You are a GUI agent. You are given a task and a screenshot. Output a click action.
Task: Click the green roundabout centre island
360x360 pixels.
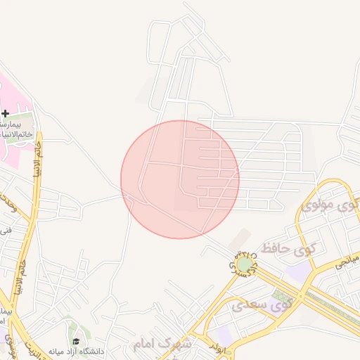pyautogui.click(x=244, y=264)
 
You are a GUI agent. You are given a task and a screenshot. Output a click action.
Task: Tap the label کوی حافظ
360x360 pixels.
pyautogui.click(x=287, y=248)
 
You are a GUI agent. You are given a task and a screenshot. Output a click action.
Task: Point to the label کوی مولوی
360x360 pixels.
pyautogui.click(x=326, y=206)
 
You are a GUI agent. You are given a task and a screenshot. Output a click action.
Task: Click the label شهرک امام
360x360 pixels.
pyautogui.click(x=162, y=345)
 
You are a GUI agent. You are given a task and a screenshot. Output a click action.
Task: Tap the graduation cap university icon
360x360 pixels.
pyautogui.click(x=76, y=341)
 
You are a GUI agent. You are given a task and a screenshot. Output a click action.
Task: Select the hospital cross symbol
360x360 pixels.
pyautogui.click(x=6, y=113)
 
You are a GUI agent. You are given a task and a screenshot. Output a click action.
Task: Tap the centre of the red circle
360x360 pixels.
pyautogui.click(x=180, y=179)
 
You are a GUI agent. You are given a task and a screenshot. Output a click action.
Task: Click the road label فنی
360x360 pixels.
pyautogui.click(x=7, y=229)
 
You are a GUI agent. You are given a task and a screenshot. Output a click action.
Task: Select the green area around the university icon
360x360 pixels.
pyautogui.click(x=70, y=330)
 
